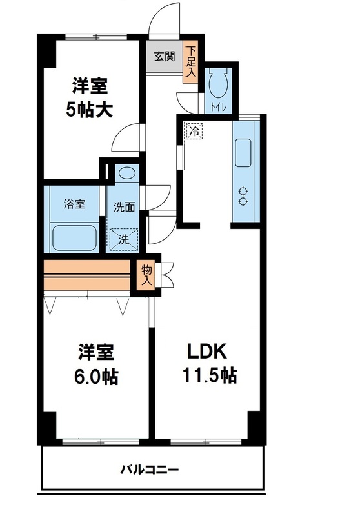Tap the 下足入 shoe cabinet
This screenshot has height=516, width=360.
pos(191,61)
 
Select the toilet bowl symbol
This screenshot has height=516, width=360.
pos(217,83)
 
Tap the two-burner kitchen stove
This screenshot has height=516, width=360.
pos(244,196)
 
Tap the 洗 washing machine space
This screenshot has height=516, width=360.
pos(123,239)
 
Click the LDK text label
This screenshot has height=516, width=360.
pos(206,352)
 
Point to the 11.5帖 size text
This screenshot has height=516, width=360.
pos(206,375)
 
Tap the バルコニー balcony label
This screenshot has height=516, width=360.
pos(153,469)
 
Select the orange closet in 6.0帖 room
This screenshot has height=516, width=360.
pos(86,275)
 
